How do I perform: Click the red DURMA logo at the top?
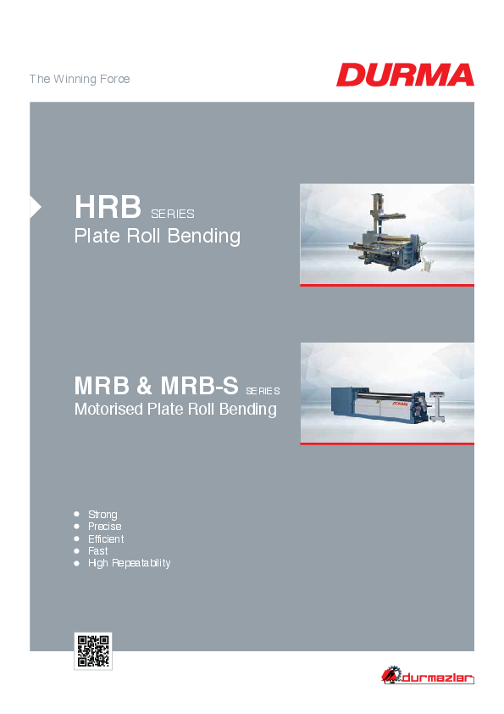[405, 75]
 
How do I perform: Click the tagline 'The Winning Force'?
[80, 79]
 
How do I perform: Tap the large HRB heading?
[108, 207]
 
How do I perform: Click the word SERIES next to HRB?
[173, 214]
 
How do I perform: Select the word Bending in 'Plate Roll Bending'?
[204, 237]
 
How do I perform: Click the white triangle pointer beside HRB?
[36, 207]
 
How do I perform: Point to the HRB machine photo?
[387, 235]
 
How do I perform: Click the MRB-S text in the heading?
[199, 386]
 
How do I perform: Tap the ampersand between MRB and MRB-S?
[144, 386]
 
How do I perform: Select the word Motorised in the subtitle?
[108, 409]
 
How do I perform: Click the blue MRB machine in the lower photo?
[379, 404]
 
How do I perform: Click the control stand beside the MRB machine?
[437, 406]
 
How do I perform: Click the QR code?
[93, 651]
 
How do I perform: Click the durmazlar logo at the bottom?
[428, 675]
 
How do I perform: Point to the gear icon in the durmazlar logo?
[390, 674]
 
